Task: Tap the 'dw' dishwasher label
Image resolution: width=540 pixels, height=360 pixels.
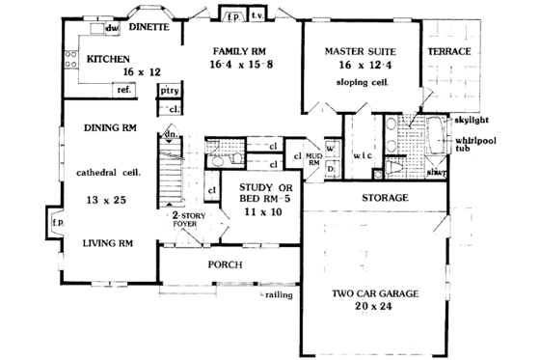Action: pyautogui.click(x=112, y=30)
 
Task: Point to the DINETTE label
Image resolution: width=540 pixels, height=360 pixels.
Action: pyautogui.click(x=149, y=29)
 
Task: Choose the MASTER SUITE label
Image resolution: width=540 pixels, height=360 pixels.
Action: pyautogui.click(x=363, y=50)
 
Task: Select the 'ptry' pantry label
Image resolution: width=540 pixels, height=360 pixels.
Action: pyautogui.click(x=170, y=92)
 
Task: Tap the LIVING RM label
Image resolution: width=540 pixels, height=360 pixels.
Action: pyautogui.click(x=107, y=243)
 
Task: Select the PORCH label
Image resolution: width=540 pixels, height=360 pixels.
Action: pyautogui.click(x=225, y=263)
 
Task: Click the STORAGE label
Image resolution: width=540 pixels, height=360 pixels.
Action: pyautogui.click(x=387, y=198)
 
